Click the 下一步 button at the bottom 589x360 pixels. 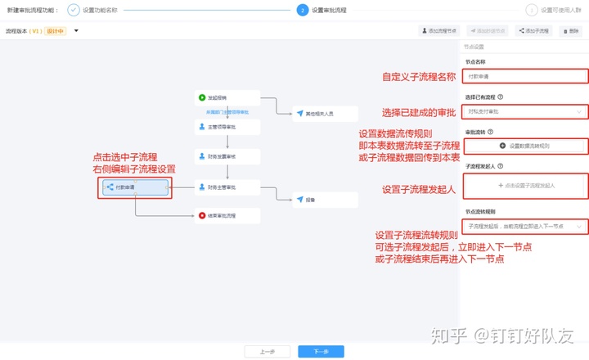click(x=321, y=351)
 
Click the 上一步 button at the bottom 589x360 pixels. click(x=267, y=351)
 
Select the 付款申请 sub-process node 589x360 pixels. click(x=135, y=187)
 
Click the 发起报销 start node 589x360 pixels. click(x=227, y=97)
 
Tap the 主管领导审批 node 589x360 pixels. click(x=227, y=127)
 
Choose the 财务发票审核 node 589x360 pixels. click(x=227, y=155)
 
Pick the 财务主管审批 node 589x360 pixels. click(x=227, y=187)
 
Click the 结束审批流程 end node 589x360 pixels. click(x=227, y=215)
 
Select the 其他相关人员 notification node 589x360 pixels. click(x=325, y=113)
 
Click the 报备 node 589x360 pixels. click(x=325, y=199)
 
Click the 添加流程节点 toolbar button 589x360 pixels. click(x=441, y=31)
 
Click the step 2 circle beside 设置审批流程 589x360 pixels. click(x=302, y=10)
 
